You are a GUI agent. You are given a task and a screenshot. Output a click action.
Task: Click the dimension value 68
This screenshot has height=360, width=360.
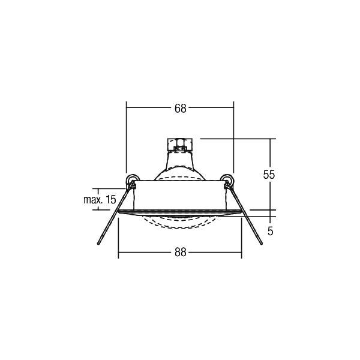(x=180, y=109)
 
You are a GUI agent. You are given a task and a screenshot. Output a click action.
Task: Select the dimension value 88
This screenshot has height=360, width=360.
(x=180, y=253)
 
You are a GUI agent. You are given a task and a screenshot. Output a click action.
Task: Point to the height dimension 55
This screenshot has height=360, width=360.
(x=269, y=175)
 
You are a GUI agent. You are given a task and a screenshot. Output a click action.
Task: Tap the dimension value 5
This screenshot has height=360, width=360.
(x=271, y=230)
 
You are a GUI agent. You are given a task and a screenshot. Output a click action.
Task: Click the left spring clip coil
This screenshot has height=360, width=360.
(x=131, y=179)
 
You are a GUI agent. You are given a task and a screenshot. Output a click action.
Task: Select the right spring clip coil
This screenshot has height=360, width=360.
(x=227, y=179)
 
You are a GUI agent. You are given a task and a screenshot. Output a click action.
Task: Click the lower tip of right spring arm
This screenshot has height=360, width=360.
(x=262, y=243)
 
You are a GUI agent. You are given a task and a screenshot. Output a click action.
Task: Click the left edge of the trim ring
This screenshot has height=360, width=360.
(x=120, y=211)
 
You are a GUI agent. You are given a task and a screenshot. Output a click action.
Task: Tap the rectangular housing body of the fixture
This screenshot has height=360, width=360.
(x=179, y=195)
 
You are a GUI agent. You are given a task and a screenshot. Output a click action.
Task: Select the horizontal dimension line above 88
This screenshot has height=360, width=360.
(x=144, y=253)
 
